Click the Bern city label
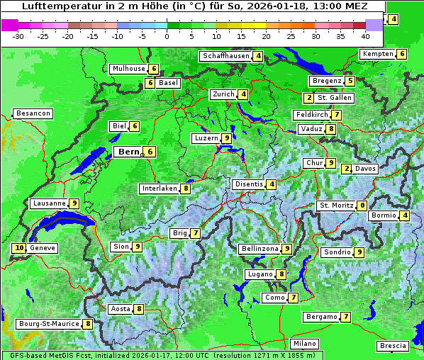coord(129,152)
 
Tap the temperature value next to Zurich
coord(243,94)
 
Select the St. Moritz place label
coord(335,206)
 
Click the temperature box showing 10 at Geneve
coord(18,248)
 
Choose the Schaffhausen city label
coord(225,56)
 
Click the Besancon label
coord(33,113)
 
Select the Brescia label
coord(394,345)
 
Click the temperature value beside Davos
coord(346,169)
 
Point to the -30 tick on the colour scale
coord(18,35)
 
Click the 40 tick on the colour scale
coord(365,35)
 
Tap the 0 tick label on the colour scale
coord(167,35)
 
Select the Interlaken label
coord(159,189)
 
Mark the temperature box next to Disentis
coord(272,184)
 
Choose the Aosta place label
coord(121,309)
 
